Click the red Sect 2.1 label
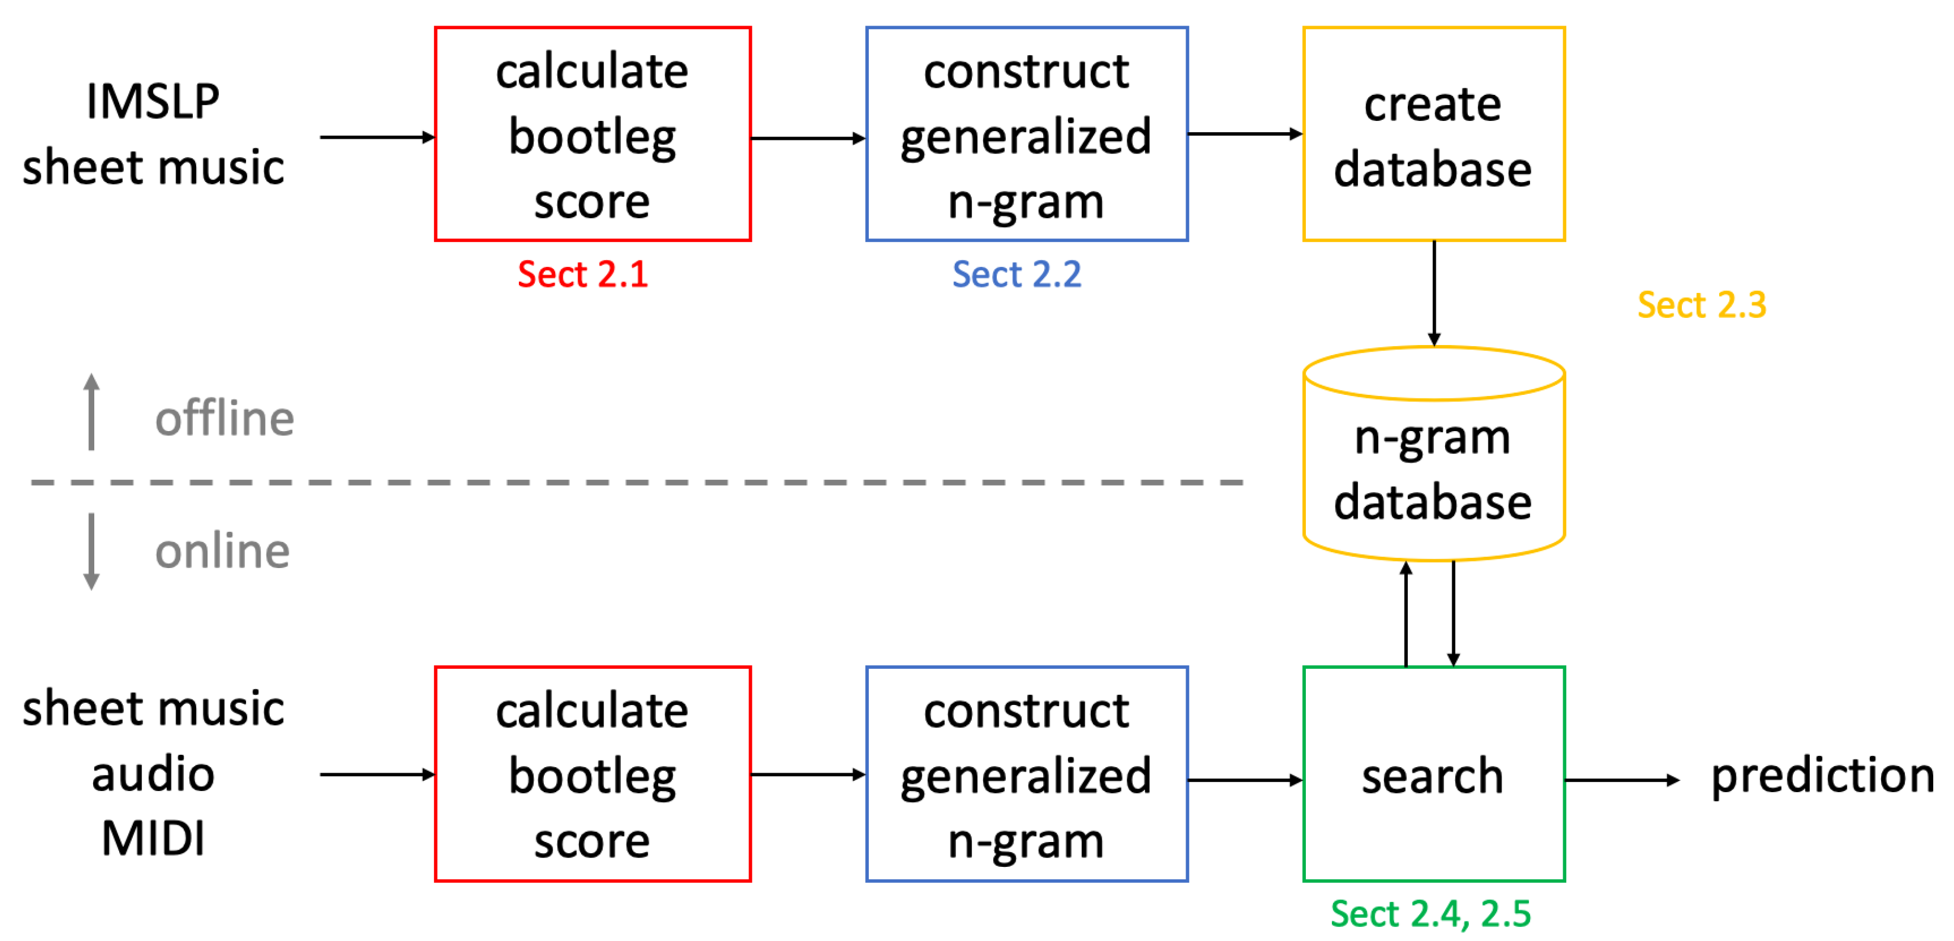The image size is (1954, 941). click(x=582, y=274)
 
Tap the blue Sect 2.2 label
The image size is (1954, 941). click(x=1016, y=274)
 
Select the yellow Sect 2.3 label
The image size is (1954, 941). click(x=1701, y=305)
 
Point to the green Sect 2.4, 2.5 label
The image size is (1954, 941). click(x=1430, y=913)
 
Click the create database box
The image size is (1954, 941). click(x=1433, y=134)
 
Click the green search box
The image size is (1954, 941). click(x=1433, y=774)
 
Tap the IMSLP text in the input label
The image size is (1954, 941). click(x=152, y=101)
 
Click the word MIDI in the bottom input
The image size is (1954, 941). click(x=152, y=838)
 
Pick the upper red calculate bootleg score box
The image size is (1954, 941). click(x=592, y=134)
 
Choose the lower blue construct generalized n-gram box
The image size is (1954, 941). click(x=1027, y=774)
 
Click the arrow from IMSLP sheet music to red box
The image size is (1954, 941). click(x=376, y=137)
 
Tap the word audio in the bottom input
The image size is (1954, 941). click(x=152, y=774)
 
